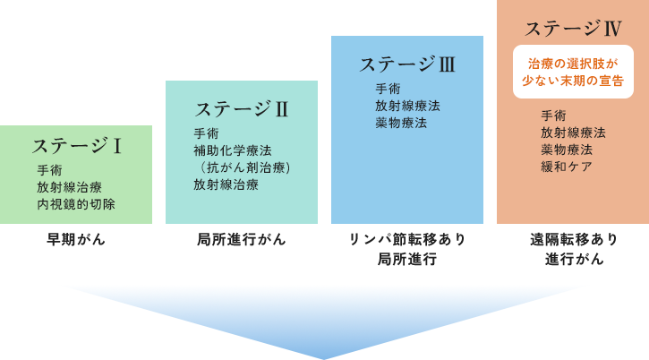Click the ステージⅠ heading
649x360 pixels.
[x=76, y=145]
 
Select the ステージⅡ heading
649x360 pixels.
[x=241, y=109]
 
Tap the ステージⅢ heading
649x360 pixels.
[x=407, y=64]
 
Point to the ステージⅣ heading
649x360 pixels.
[x=573, y=29]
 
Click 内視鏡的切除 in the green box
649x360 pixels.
[x=76, y=204]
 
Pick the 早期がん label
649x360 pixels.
[x=76, y=239]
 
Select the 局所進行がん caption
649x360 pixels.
[x=241, y=239]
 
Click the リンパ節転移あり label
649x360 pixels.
[x=407, y=239]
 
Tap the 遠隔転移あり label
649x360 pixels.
[x=573, y=239]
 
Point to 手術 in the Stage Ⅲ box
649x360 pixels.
[x=388, y=88]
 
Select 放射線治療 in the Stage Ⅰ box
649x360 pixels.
[x=69, y=187]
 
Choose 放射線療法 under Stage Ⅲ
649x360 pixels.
[x=407, y=105]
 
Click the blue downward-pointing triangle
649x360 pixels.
[x=324, y=318]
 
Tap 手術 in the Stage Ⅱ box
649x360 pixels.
[x=206, y=133]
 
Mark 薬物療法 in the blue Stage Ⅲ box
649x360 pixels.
[x=401, y=122]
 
